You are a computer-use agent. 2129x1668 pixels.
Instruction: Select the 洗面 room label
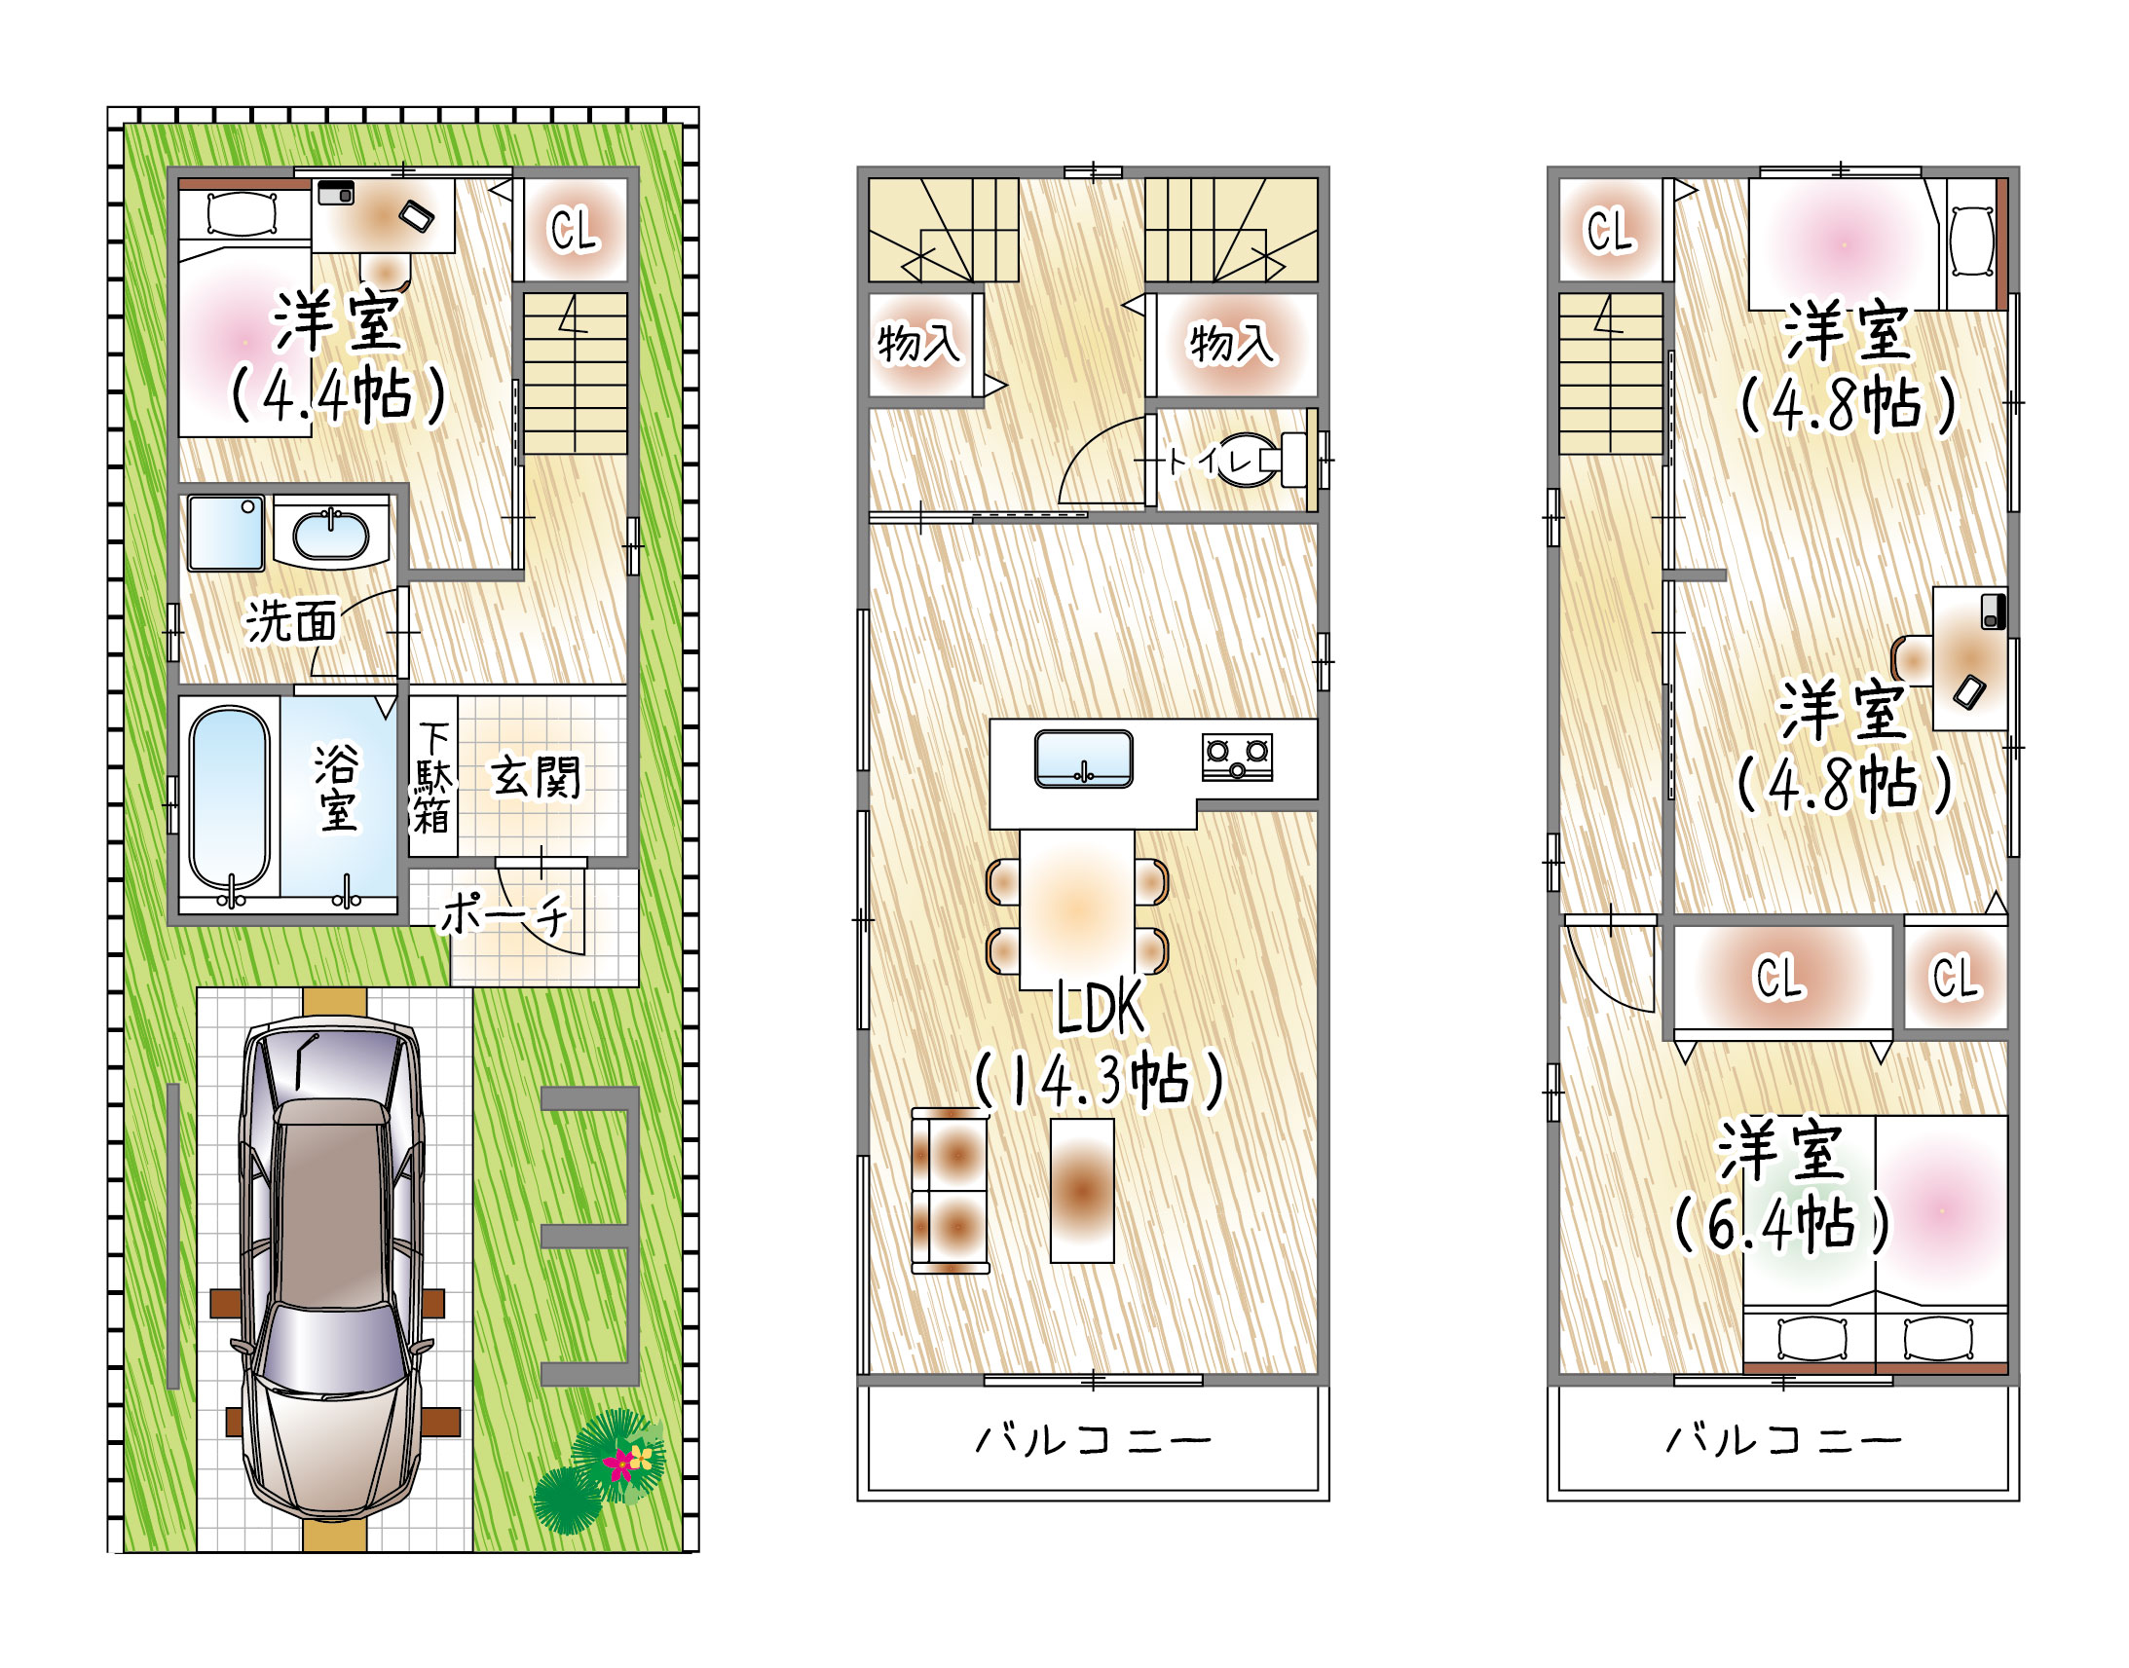[291, 621]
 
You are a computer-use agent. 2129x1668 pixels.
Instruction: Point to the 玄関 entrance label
[537, 777]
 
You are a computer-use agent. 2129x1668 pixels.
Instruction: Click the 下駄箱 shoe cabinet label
[432, 777]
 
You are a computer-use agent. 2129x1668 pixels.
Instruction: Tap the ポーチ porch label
[504, 914]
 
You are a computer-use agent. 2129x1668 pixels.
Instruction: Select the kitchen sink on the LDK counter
[1084, 758]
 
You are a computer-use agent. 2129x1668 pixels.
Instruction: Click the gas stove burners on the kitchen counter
[1237, 757]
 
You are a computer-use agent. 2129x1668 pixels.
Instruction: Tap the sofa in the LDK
[950, 1191]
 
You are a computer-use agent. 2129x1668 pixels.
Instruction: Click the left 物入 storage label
[918, 343]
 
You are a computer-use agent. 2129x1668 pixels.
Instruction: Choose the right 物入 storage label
[1230, 343]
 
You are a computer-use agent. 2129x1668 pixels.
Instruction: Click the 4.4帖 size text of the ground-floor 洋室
[338, 394]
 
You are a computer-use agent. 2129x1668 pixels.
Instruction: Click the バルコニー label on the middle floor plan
[1094, 1439]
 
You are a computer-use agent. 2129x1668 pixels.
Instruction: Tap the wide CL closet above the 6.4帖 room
[1782, 977]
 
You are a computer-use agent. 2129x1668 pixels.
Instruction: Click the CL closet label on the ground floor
[574, 231]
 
